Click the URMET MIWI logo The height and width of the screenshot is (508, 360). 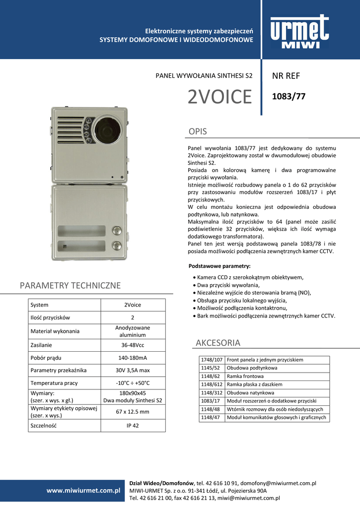(299, 32)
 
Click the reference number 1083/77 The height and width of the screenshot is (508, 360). (289, 97)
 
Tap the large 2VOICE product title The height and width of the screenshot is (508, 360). (220, 97)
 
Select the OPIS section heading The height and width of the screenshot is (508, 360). (198, 131)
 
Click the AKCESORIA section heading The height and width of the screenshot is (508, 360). (218, 343)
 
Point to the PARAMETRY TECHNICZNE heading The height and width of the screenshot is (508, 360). (71, 285)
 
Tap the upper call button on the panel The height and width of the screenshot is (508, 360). (116, 230)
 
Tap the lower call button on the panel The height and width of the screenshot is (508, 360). (116, 245)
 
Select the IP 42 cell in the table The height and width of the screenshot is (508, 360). (133, 426)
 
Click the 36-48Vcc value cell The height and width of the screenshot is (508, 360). (133, 345)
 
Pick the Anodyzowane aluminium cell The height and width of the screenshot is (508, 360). (133, 331)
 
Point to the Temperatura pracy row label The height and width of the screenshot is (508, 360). (54, 383)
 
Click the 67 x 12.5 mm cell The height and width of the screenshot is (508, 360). (133, 412)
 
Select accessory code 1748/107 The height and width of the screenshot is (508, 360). (211, 360)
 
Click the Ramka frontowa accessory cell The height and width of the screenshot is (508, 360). (245, 376)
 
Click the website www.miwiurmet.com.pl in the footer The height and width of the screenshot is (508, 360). (83, 490)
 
